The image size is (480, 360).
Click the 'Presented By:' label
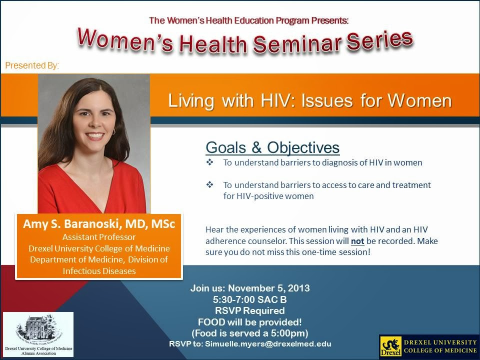(32, 65)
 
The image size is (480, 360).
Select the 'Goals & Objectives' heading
(272, 147)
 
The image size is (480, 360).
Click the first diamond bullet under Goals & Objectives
(209, 162)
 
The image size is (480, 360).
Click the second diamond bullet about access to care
(209, 185)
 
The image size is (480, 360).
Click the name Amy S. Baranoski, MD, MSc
(99, 224)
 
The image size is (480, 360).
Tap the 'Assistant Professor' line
(99, 237)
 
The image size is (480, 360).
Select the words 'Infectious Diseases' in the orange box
(99, 270)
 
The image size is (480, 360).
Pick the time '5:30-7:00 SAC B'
(249, 300)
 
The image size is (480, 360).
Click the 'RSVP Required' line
(249, 311)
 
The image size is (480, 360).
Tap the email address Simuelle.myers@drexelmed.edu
(268, 344)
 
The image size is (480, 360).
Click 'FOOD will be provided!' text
(249, 322)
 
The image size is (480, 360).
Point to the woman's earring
(113, 131)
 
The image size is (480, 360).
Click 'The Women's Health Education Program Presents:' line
(248, 20)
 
